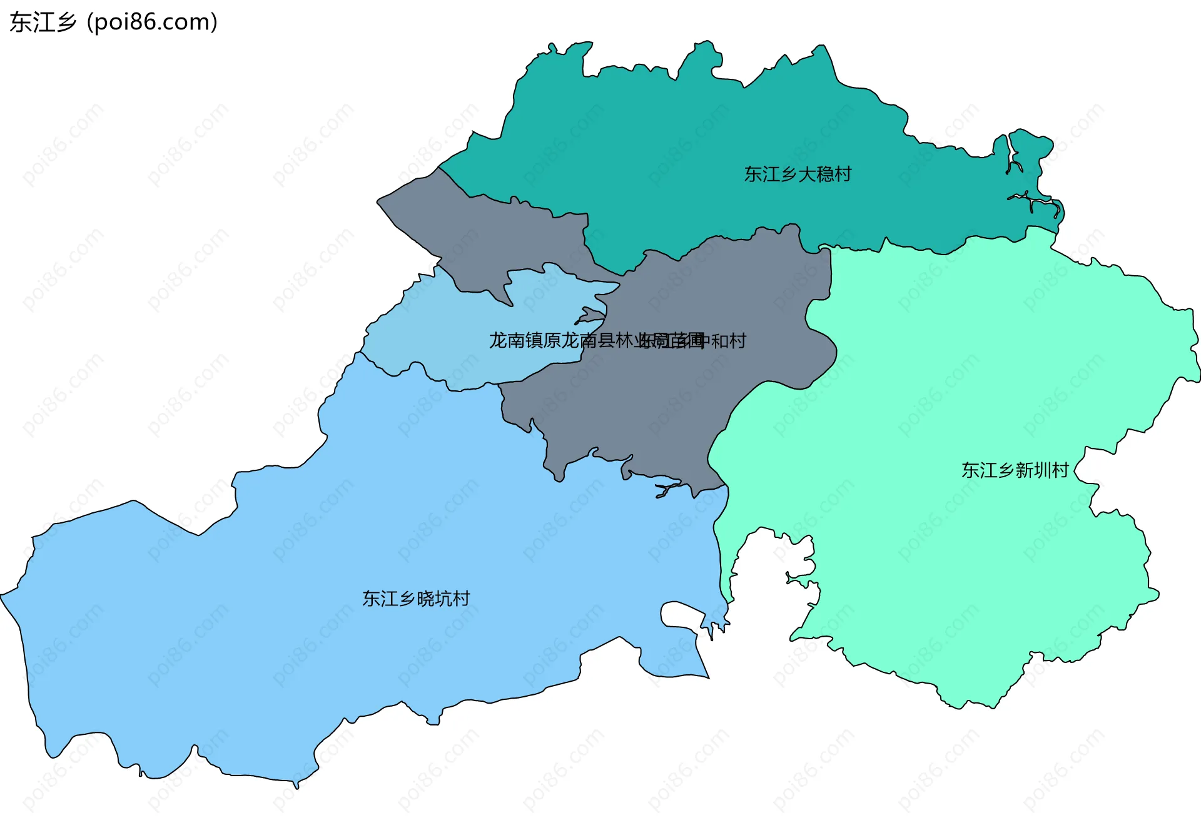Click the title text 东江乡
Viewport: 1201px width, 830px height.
tap(43, 23)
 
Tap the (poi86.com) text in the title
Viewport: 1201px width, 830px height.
tap(152, 23)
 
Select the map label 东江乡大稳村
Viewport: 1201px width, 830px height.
tap(798, 174)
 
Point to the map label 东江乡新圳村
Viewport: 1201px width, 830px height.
tap(1015, 470)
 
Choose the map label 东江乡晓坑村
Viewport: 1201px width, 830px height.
tap(416, 599)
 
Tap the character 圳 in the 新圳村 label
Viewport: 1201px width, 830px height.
tap(1042, 470)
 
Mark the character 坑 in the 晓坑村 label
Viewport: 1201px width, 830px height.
tap(443, 599)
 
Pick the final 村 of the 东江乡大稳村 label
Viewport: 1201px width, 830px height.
tap(843, 174)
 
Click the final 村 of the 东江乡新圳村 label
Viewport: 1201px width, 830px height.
tap(1060, 470)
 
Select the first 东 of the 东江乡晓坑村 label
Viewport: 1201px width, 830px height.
tap(371, 599)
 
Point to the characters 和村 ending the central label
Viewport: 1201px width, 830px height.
tap(729, 341)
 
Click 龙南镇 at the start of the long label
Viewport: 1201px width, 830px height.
tap(516, 341)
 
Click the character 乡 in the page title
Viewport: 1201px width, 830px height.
tap(66, 23)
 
